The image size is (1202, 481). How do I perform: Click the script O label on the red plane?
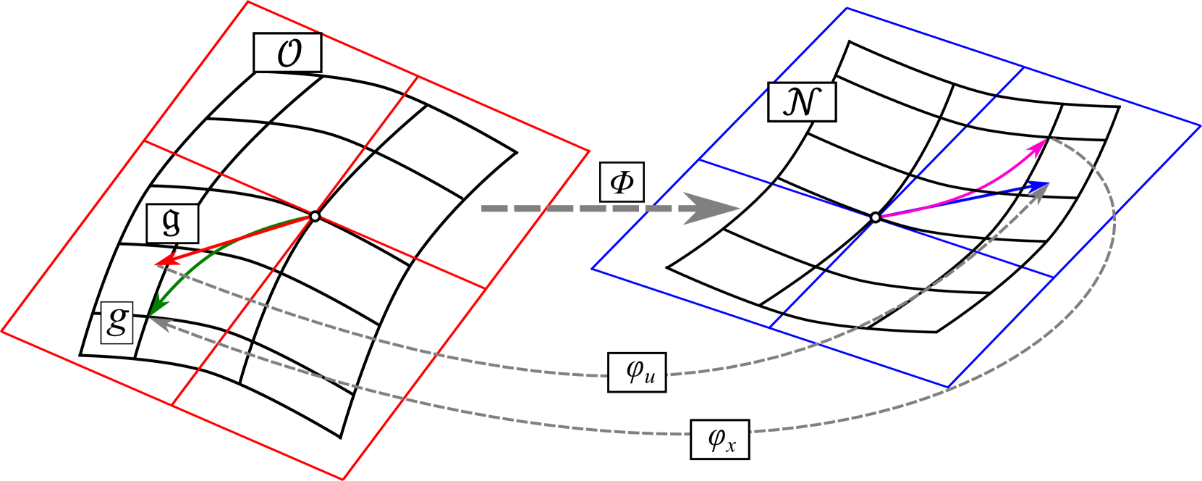(x=287, y=53)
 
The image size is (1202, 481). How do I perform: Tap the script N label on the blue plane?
(x=801, y=101)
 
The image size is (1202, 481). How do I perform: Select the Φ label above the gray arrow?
(x=622, y=183)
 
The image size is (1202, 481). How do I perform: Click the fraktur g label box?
(x=172, y=223)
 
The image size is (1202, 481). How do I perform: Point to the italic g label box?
(x=117, y=322)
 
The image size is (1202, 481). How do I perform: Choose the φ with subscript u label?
(x=637, y=372)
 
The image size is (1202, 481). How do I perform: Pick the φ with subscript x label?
(x=719, y=438)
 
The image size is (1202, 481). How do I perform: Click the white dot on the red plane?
(x=314, y=216)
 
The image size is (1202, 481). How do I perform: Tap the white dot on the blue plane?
(x=876, y=217)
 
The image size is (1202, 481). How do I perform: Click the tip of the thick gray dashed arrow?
(x=740, y=209)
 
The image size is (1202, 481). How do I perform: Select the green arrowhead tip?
(x=149, y=316)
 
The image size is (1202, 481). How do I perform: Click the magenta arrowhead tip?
(x=1046, y=140)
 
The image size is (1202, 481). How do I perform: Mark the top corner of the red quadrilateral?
(x=248, y=2)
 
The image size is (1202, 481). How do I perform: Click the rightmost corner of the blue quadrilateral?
(x=1200, y=124)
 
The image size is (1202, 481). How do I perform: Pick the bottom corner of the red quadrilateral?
(x=342, y=479)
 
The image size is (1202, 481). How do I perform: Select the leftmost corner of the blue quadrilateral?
(x=592, y=269)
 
